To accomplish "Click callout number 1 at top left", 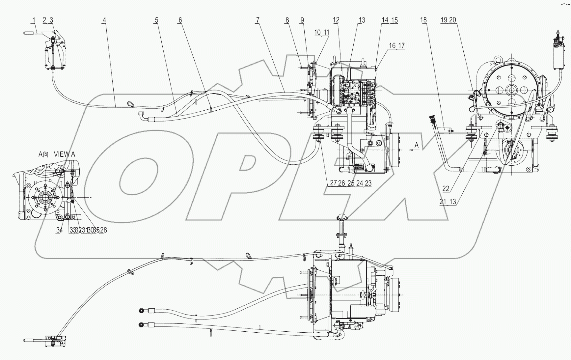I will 34,20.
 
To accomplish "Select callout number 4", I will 104,20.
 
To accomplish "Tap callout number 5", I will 156,20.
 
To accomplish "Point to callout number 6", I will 180,20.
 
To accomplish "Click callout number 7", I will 258,20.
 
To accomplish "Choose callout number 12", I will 336,20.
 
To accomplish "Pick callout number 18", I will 423,20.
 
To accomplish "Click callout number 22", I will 446,189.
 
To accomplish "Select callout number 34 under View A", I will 59,230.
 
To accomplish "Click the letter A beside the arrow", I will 416,145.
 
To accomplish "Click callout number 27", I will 333,183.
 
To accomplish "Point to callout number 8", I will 287,20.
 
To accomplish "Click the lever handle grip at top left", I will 29,33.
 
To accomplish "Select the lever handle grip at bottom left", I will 29,340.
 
